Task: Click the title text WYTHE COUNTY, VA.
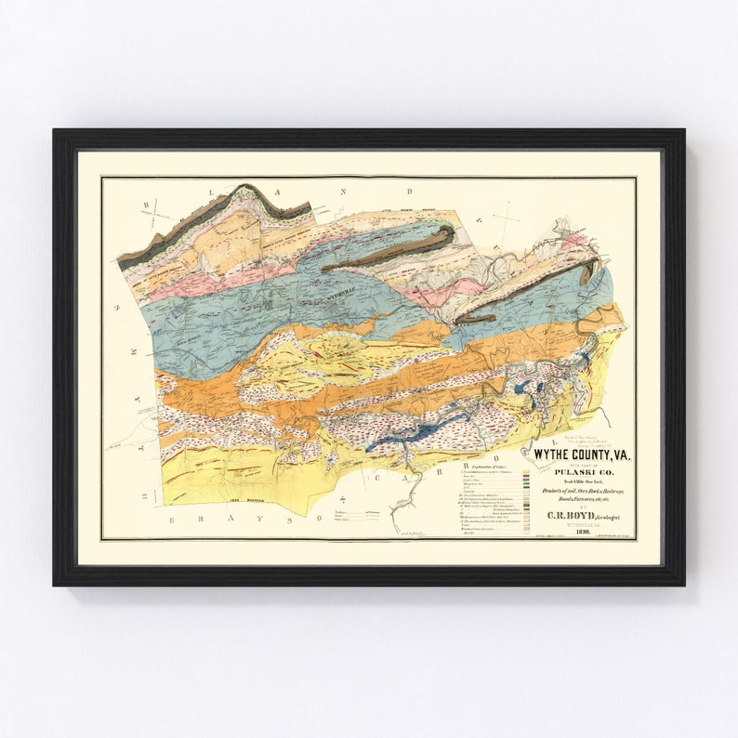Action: point(581,454)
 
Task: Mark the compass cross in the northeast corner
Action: point(507,217)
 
